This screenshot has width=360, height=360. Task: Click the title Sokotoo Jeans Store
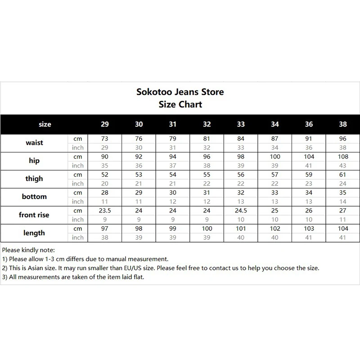point(180,92)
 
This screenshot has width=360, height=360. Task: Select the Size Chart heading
point(180,104)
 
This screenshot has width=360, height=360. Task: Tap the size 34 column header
point(274,124)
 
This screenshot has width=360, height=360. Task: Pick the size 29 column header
point(104,124)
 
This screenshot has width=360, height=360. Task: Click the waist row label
point(34,143)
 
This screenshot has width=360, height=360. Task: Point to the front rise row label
point(34,215)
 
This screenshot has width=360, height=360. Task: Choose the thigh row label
point(34,179)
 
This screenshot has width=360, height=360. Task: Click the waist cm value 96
point(343,139)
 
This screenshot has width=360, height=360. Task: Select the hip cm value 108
point(343,157)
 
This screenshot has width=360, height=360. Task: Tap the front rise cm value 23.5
point(104,211)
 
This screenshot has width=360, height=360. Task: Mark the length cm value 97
point(104,229)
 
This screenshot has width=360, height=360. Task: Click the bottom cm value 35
point(343,193)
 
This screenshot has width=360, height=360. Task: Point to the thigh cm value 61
point(343,175)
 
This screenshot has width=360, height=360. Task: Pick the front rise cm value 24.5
point(241,211)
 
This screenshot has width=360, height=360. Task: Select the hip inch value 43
point(343,166)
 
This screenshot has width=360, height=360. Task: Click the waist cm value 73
point(104,139)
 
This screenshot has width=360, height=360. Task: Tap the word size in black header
point(45,124)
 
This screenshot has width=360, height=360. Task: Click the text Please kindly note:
point(28,250)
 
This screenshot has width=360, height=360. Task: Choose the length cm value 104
point(343,229)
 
